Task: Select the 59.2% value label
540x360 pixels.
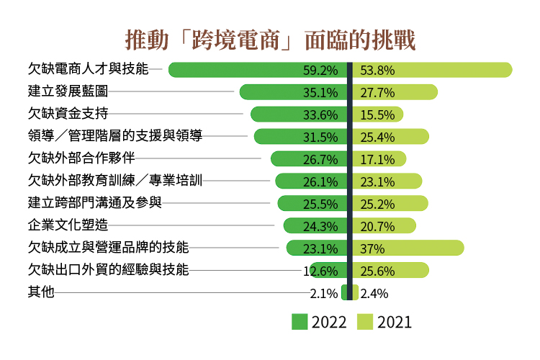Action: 320,71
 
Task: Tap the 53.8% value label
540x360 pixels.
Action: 378,71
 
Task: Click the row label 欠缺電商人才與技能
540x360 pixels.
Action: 87,69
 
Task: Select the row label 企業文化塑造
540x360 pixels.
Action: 68,225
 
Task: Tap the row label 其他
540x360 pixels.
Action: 40,292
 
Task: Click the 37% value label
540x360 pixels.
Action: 373,248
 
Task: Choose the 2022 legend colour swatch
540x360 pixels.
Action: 300,322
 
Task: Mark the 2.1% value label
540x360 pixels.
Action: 324,293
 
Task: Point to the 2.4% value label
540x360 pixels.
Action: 374,293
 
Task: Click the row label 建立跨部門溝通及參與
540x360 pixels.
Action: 94,203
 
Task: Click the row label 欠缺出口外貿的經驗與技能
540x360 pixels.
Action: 107,270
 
